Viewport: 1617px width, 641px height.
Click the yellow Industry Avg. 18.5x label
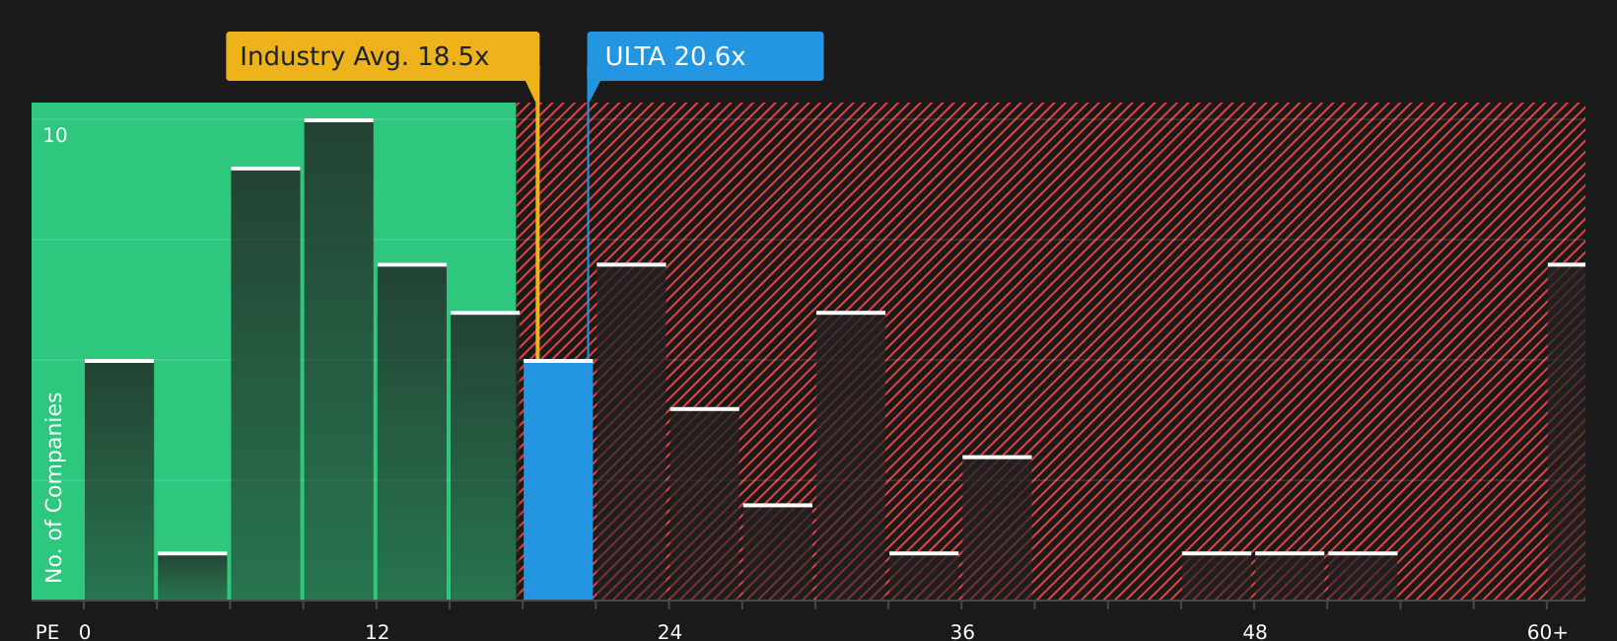click(x=382, y=56)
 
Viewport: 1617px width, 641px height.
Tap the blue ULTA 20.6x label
click(x=705, y=56)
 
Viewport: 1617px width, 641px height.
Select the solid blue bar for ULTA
click(x=558, y=480)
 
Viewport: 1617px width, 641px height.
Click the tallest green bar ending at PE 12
click(x=339, y=360)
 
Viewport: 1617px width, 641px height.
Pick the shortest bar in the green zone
click(x=192, y=576)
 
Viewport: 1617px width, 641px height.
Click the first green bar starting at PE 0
click(x=119, y=480)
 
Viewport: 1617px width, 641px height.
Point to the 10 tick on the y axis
click(x=55, y=136)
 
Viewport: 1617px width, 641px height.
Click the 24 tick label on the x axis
click(x=669, y=631)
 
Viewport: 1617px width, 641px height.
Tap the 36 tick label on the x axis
click(x=962, y=631)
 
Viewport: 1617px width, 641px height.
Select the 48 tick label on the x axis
click(x=1254, y=631)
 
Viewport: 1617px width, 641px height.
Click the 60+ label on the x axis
click(x=1547, y=631)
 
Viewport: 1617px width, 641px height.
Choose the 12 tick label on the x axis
click(x=377, y=631)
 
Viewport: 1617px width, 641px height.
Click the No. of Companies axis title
click(x=54, y=487)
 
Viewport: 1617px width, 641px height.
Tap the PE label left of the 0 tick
click(x=47, y=631)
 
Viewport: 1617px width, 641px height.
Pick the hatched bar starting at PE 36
click(x=998, y=528)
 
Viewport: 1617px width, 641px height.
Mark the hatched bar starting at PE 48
click(x=1290, y=576)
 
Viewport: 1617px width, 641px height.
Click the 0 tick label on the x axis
click(x=85, y=631)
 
